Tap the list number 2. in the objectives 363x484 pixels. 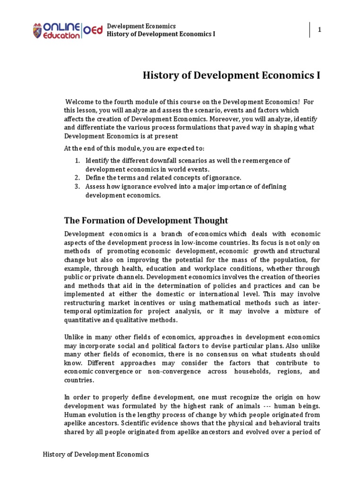tap(78, 178)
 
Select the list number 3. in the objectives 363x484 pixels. tap(78, 186)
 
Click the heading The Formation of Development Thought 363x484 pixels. tap(146, 221)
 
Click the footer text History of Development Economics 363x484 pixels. tap(96, 454)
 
